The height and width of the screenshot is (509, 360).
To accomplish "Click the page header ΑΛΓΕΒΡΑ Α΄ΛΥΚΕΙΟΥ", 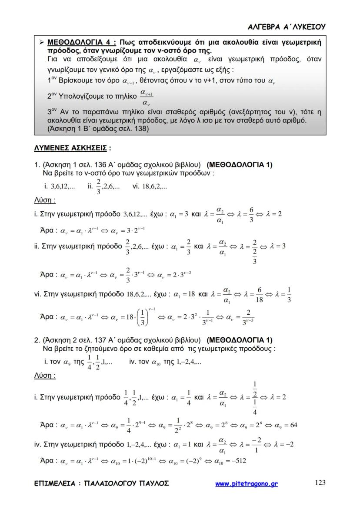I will (x=287, y=27).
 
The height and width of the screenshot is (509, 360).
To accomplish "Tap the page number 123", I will (x=320, y=482).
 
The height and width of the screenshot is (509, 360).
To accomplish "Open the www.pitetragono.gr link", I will (x=247, y=483).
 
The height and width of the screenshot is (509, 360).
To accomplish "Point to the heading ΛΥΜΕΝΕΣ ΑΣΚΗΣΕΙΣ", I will (x=70, y=148).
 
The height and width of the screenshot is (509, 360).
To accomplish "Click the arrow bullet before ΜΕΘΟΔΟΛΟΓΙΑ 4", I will (x=41, y=42).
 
